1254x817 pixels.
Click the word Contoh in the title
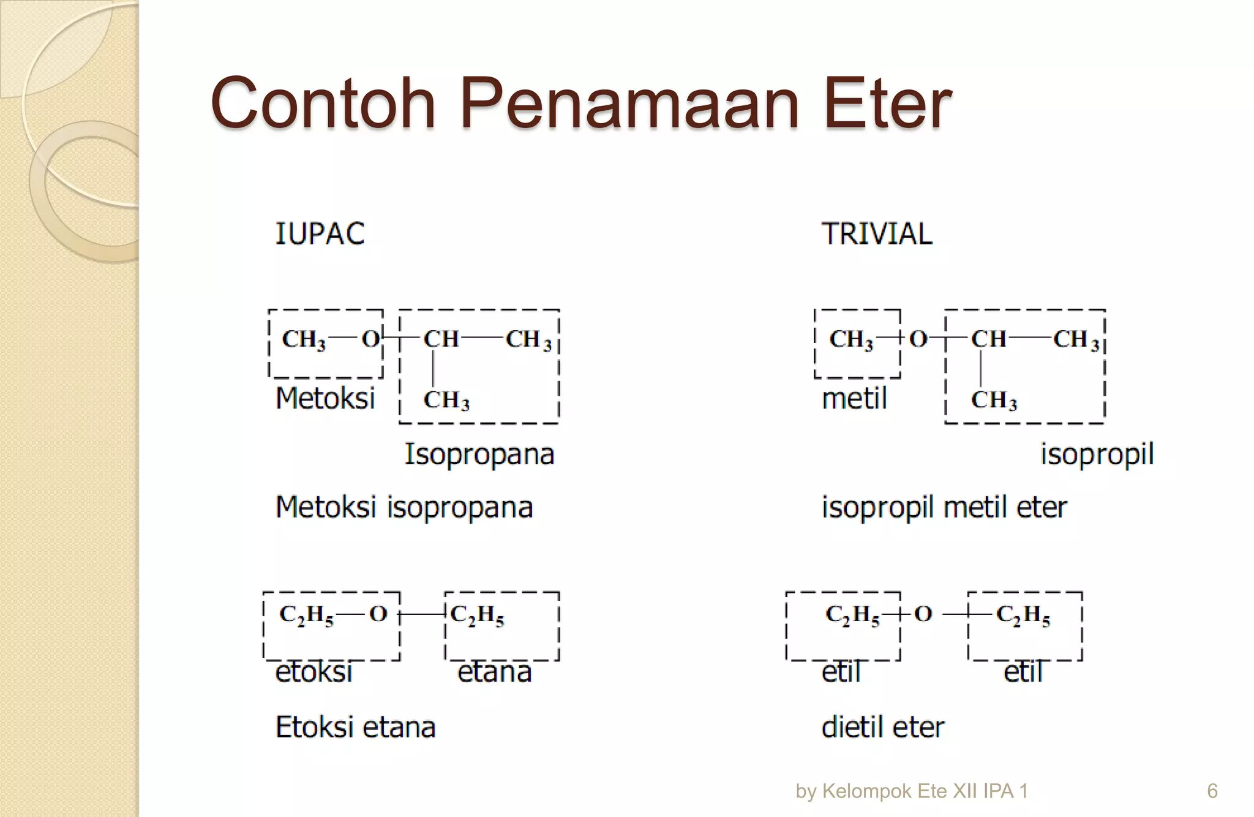[323, 104]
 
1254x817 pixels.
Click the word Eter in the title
[887, 104]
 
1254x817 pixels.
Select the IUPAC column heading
[320, 234]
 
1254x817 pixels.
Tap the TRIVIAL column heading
[877, 234]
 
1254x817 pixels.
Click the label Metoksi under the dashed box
[325, 399]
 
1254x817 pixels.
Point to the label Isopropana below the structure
[479, 454]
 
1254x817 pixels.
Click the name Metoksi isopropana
[404, 508]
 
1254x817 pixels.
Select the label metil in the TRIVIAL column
[854, 399]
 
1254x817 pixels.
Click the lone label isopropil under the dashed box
[1097, 454]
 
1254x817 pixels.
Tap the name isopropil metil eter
[944, 508]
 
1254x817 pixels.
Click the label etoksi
[314, 672]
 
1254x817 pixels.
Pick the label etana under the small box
[495, 672]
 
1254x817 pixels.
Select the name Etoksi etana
[356, 728]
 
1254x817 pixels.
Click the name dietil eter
[883, 728]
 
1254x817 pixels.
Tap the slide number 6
[1212, 791]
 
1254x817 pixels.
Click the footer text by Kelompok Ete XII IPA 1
[912, 791]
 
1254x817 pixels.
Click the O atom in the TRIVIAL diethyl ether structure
[923, 614]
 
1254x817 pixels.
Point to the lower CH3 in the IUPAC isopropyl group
[446, 401]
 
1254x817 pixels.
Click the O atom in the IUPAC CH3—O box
[370, 339]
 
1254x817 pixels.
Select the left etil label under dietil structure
[841, 672]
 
